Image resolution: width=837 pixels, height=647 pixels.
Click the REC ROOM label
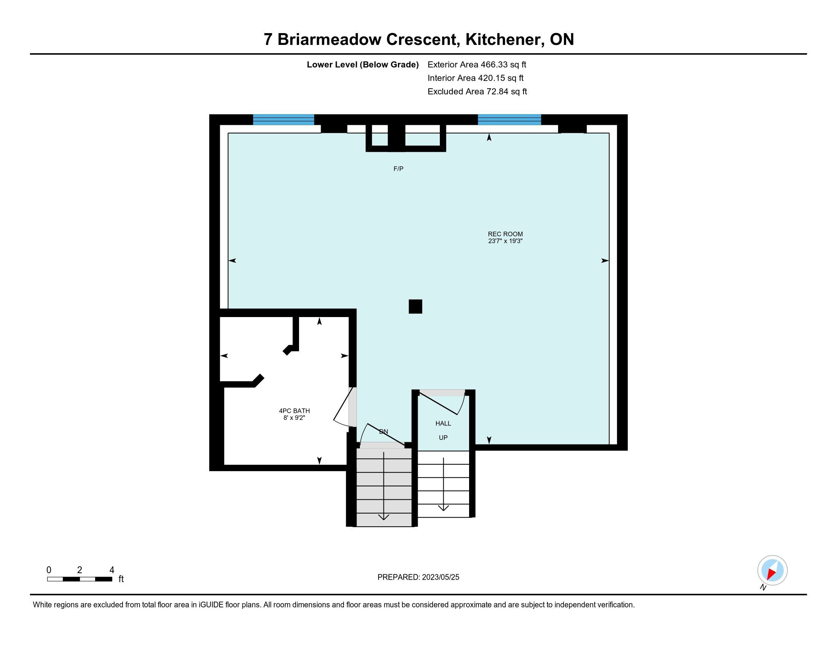(505, 234)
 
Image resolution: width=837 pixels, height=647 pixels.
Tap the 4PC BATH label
(294, 411)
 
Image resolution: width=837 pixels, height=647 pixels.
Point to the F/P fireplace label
(399, 169)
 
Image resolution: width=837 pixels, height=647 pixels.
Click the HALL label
(443, 424)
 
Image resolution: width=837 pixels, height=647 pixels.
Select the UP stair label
(443, 438)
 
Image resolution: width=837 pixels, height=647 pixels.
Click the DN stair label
(383, 432)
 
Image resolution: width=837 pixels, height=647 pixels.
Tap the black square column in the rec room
(415, 307)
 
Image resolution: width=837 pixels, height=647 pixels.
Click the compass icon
(772, 571)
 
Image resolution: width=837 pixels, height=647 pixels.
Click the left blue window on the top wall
(283, 120)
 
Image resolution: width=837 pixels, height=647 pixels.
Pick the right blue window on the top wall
(509, 120)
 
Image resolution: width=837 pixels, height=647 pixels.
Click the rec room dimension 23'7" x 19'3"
(505, 241)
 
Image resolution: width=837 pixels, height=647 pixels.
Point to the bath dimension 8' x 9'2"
(294, 418)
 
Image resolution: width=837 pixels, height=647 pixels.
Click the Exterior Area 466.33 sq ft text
(477, 64)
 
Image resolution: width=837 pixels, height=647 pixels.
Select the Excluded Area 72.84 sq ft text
(477, 92)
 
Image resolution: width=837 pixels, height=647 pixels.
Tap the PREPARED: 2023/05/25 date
(418, 577)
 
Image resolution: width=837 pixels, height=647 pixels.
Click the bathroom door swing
(344, 409)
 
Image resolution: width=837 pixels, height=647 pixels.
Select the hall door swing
(442, 402)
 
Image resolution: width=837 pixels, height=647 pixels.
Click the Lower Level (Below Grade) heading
(363, 65)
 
